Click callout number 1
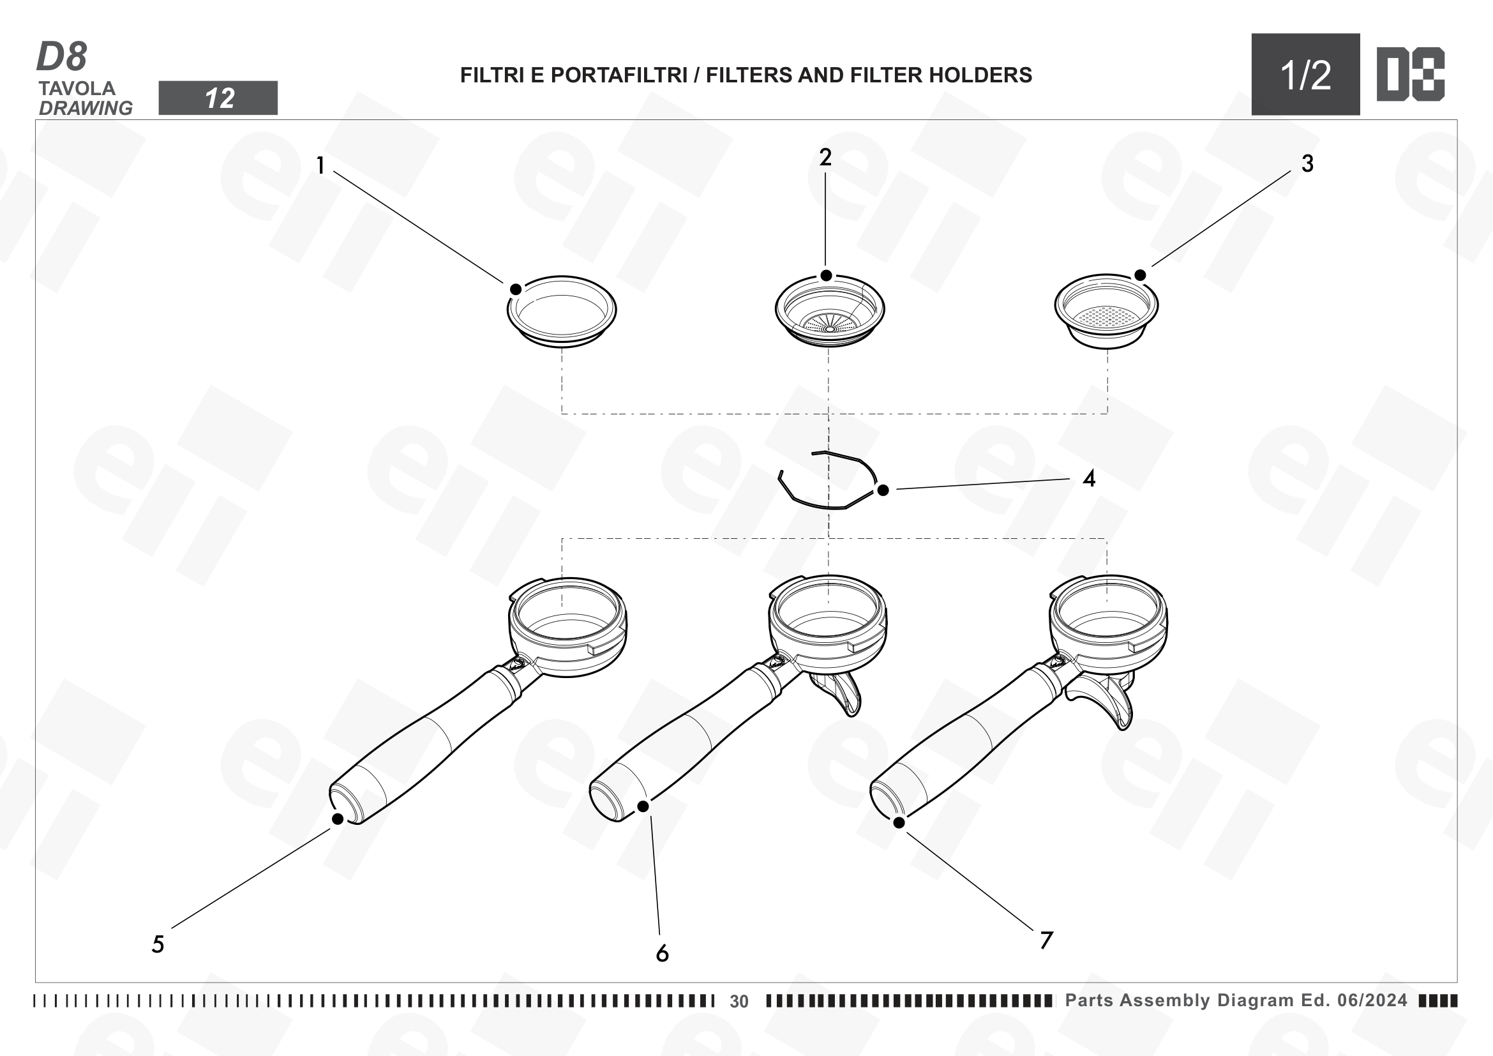[x=320, y=165]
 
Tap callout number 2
[x=825, y=156]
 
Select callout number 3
[x=1307, y=163]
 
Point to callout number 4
[x=1089, y=479]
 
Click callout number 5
[x=158, y=944]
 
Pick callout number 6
[x=662, y=953]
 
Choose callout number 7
[x=1046, y=940]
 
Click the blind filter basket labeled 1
[x=562, y=312]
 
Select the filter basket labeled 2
[x=829, y=310]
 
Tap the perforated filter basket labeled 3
[x=1106, y=312]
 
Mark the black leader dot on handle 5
[x=338, y=818]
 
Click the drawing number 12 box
[x=218, y=98]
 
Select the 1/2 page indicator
[x=1305, y=75]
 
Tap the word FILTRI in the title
[x=492, y=75]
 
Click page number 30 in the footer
[x=739, y=1001]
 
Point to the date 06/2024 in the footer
[x=1372, y=1000]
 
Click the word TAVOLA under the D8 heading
[x=77, y=89]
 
